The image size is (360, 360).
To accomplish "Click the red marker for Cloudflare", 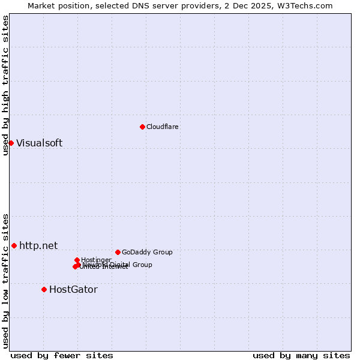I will [x=142, y=127].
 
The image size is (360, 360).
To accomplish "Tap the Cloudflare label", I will [x=163, y=127].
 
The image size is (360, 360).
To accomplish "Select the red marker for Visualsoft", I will [x=11, y=143].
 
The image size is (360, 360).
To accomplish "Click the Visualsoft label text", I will [x=39, y=143].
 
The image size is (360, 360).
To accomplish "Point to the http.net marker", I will [x=14, y=245].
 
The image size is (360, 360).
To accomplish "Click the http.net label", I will [x=38, y=245].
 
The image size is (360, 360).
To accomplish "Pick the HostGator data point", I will [x=44, y=289].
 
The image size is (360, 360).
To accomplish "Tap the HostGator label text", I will [x=73, y=289].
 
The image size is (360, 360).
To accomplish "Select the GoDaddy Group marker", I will [x=118, y=252].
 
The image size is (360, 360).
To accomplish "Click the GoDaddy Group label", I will [x=147, y=252].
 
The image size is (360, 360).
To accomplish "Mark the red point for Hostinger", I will [x=77, y=260].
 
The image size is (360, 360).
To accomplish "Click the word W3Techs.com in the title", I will [x=308, y=5].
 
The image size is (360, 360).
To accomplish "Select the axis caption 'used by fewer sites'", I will [x=62, y=355].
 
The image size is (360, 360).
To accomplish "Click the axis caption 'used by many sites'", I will [x=301, y=355].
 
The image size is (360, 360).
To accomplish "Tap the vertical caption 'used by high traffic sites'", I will [x=5, y=85].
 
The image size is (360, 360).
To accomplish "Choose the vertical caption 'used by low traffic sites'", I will [x=5, y=281].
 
